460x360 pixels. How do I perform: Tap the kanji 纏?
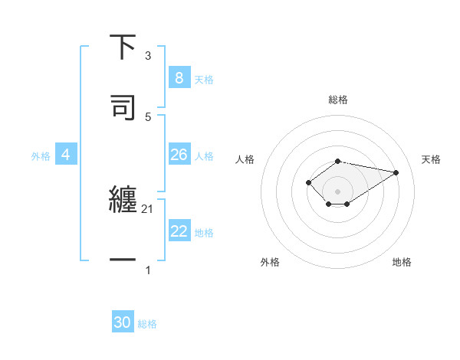(x=123, y=201)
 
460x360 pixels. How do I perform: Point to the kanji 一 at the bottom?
(x=123, y=260)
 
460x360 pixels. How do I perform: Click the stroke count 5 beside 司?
(x=148, y=116)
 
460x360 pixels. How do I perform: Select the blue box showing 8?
(x=179, y=78)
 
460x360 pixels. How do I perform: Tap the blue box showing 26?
(x=179, y=155)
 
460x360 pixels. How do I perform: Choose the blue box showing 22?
(x=179, y=231)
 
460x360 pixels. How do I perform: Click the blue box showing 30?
(x=123, y=322)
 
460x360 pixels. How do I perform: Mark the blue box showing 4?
(x=66, y=155)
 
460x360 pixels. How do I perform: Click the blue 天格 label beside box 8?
(x=204, y=79)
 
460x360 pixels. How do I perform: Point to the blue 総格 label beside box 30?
(x=147, y=323)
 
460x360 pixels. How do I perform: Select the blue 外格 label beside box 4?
(x=41, y=155)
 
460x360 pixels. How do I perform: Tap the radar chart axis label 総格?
(x=338, y=100)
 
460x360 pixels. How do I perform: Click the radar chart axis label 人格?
(x=245, y=159)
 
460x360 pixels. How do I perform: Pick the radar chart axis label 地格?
(x=402, y=262)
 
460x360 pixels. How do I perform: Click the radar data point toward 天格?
(x=396, y=172)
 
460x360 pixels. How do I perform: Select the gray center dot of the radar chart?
(x=337, y=191)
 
